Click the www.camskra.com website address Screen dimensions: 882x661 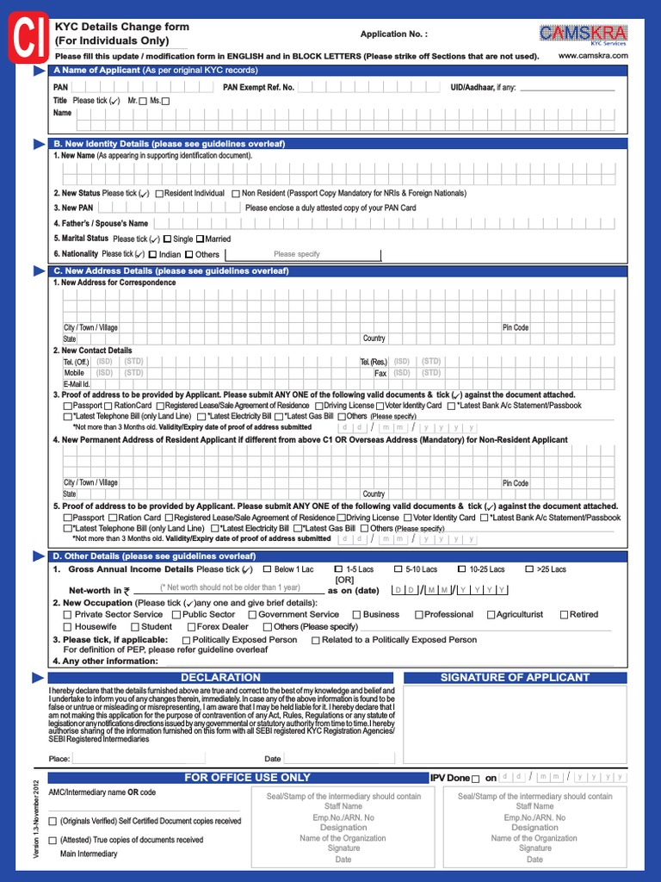click(x=593, y=56)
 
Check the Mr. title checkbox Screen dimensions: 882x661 click(x=143, y=102)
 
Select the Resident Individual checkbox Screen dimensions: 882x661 click(x=159, y=195)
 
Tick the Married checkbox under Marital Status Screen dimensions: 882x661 click(x=201, y=239)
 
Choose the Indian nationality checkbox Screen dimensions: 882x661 click(x=152, y=255)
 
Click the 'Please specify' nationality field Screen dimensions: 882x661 click(x=296, y=255)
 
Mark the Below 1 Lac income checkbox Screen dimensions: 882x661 click(x=267, y=569)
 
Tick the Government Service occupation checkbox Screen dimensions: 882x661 click(x=250, y=615)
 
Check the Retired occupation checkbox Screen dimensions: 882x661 click(x=564, y=615)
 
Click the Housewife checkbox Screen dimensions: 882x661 click(x=67, y=627)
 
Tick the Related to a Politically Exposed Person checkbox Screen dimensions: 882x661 click(x=315, y=640)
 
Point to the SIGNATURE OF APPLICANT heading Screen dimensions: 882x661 click(x=515, y=678)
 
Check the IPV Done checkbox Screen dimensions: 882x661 click(x=476, y=778)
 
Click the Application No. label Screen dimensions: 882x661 click(x=393, y=34)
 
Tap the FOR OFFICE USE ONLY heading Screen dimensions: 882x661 click(x=248, y=778)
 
